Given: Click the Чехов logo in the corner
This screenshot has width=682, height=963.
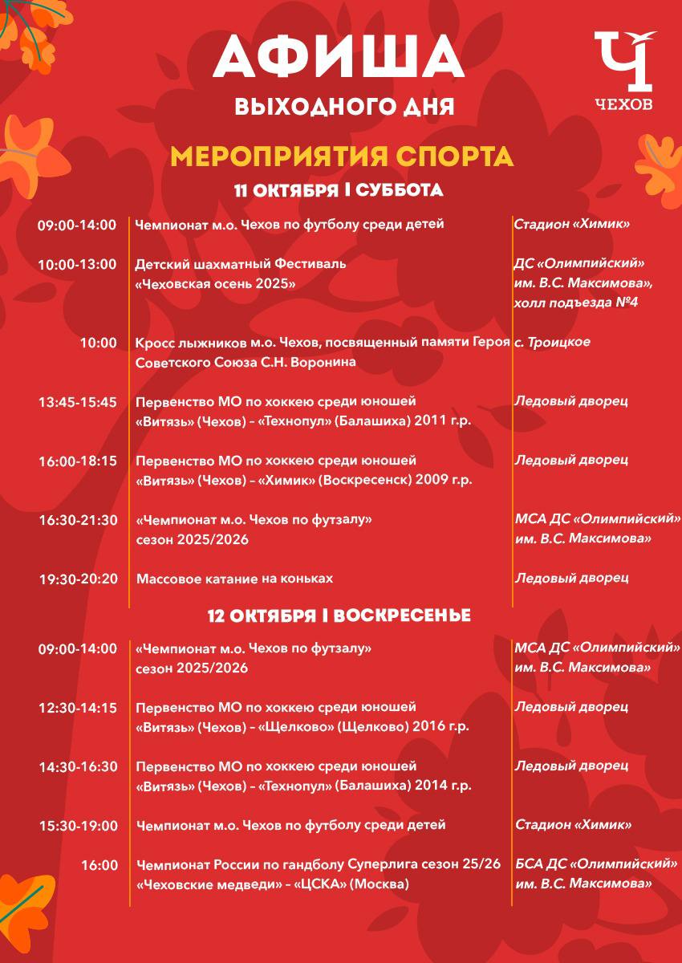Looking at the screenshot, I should pyautogui.click(x=624, y=71).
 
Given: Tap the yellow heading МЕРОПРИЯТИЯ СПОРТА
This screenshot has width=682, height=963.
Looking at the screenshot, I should pyautogui.click(x=342, y=156).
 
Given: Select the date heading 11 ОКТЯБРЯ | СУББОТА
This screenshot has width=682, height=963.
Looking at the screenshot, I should pyautogui.click(x=339, y=191).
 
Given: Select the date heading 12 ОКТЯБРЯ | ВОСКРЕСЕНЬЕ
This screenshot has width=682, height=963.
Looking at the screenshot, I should pyautogui.click(x=339, y=616).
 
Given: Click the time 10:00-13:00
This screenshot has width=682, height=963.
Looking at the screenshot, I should pyautogui.click(x=77, y=264).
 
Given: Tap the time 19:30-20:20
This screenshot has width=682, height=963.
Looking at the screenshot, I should pyautogui.click(x=77, y=579).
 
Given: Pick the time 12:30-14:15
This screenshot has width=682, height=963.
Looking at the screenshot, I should pyautogui.click(x=77, y=708).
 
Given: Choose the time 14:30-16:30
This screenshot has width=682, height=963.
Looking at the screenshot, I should pyautogui.click(x=77, y=766).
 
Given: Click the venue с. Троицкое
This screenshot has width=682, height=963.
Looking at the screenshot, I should pyautogui.click(x=552, y=342).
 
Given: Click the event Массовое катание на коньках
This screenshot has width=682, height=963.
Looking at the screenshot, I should pyautogui.click(x=234, y=579).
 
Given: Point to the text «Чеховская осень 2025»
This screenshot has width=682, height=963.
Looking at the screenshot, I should pyautogui.click(x=215, y=283).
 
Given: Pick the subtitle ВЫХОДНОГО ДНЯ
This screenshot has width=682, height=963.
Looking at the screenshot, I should pyautogui.click(x=344, y=107).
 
